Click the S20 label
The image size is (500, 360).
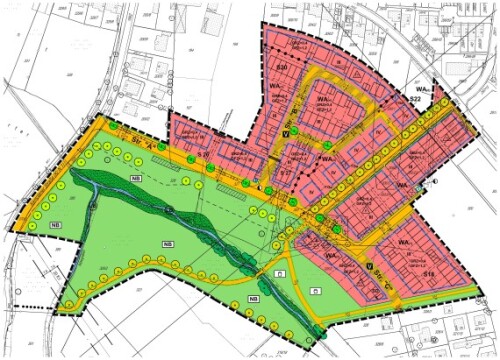point(282,66)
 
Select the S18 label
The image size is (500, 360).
point(429,273)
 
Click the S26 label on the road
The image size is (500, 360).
point(295,200)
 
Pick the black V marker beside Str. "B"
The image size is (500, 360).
point(285,131)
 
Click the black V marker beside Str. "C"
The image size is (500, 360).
point(370,265)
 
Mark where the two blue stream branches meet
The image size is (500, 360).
point(170,208)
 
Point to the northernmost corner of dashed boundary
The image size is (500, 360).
point(263,22)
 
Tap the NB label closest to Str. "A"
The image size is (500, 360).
point(135,178)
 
